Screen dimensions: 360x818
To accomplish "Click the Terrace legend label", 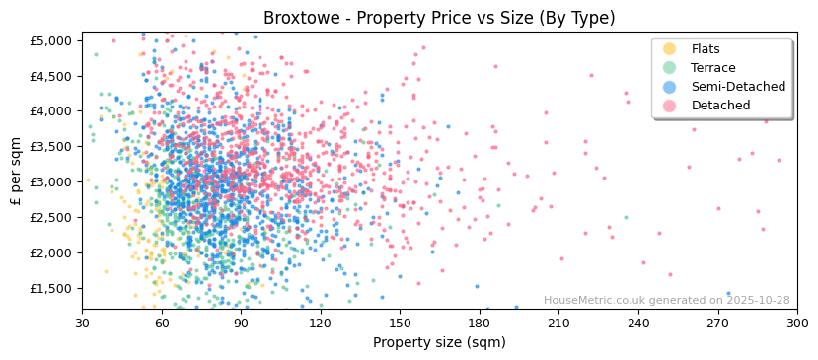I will point(714,68).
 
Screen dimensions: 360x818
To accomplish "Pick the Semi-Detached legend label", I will point(738,87).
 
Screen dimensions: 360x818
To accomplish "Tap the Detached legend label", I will point(720,106).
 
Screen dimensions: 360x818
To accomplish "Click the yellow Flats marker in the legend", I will point(669,49).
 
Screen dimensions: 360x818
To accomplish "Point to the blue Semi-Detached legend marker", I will point(669,87).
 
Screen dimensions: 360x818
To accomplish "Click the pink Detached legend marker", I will point(669,106).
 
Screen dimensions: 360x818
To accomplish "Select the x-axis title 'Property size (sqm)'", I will point(439,343).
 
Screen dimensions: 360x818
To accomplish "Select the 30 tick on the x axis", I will point(83,323).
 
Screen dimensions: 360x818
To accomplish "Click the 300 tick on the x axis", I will point(797,323).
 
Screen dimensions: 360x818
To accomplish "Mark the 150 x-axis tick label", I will point(400,323).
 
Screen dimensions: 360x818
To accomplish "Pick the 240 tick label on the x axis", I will point(638,323).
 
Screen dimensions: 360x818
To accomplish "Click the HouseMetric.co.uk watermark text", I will point(667,301).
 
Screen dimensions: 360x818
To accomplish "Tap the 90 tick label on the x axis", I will point(241,323).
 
